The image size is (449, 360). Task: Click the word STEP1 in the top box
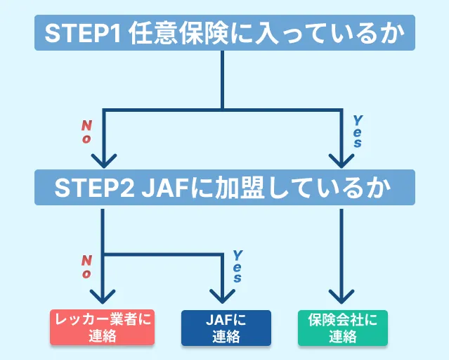pos(84,33)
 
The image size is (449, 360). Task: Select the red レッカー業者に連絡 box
pos(103,328)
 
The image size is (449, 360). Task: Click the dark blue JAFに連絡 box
pos(225,328)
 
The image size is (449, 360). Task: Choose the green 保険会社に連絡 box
pos(342,328)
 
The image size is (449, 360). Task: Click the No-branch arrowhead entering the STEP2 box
pos(103,160)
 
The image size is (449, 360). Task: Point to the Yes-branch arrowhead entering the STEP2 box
pos(341,160)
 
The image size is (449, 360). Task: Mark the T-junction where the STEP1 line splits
pos(222,109)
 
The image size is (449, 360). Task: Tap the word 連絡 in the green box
pos(342,337)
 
